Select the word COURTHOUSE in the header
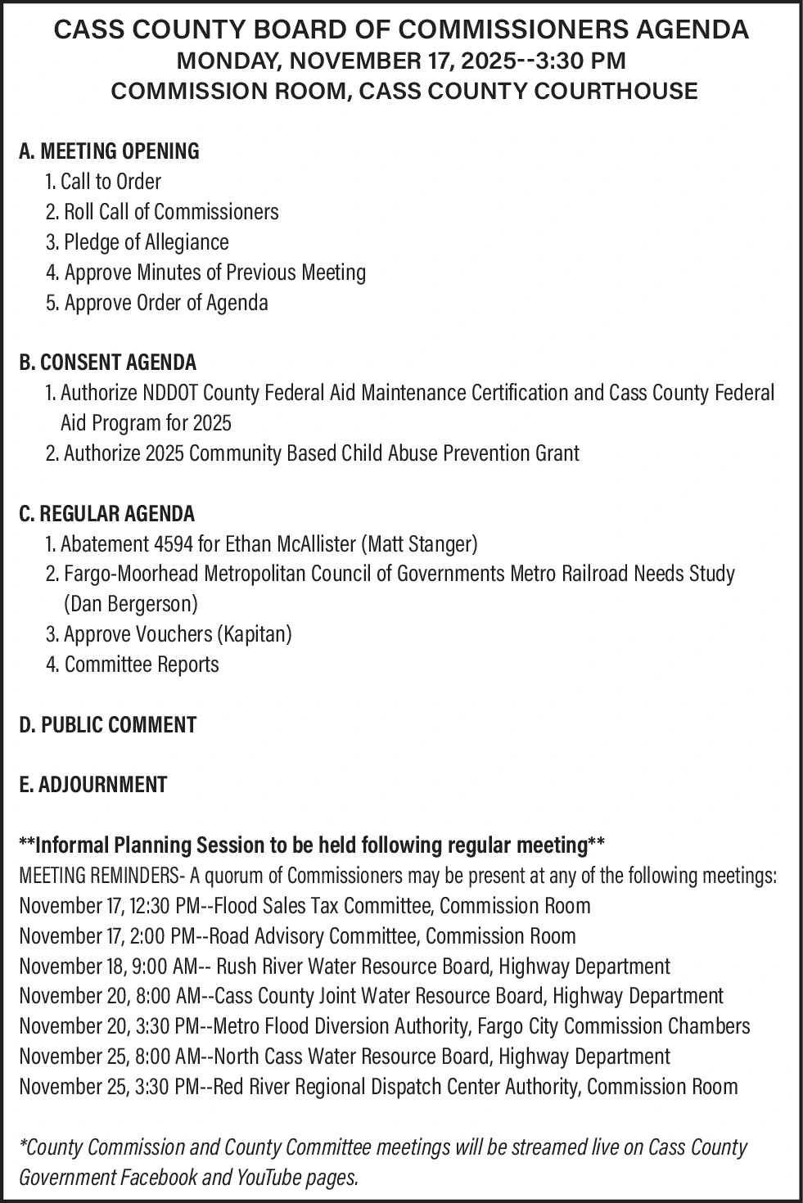[x=616, y=91]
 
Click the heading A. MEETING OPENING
[x=109, y=151]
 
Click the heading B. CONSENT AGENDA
[x=107, y=363]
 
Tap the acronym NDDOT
[x=172, y=393]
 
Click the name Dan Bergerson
[x=130, y=605]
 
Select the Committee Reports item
[x=142, y=665]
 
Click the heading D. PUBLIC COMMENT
[x=107, y=725]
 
